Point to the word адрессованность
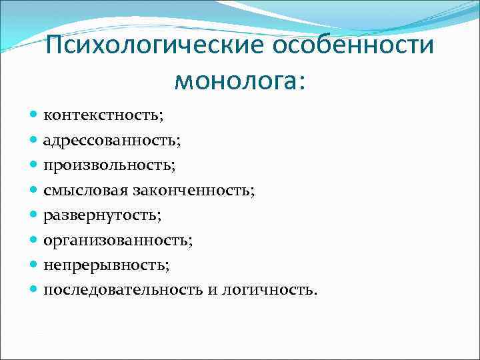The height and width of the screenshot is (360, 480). (111, 140)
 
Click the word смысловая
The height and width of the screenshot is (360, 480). (85, 191)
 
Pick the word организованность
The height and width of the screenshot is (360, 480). (114, 241)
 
